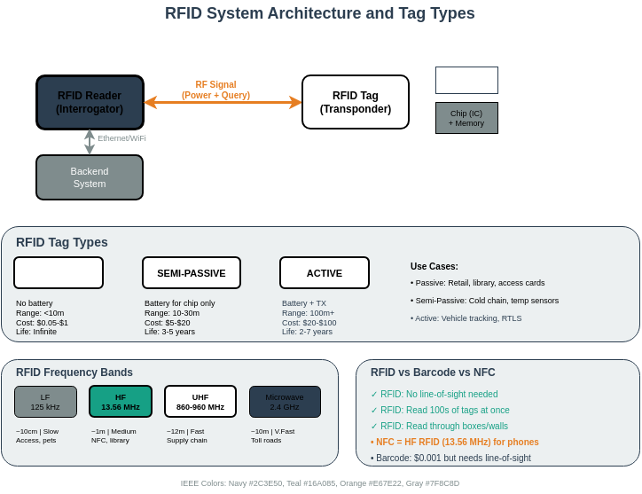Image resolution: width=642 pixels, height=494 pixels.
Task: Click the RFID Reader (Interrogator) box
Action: (x=90, y=102)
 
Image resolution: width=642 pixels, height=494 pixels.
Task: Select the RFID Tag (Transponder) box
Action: (x=356, y=102)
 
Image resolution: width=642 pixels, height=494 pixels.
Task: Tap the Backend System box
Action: (x=90, y=177)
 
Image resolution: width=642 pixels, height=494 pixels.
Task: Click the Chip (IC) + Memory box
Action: (x=466, y=118)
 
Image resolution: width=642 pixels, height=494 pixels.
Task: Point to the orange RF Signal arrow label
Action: (x=215, y=90)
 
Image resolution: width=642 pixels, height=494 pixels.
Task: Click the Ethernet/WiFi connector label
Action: (x=121, y=138)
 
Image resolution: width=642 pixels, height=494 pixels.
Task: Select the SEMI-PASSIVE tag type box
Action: (x=192, y=273)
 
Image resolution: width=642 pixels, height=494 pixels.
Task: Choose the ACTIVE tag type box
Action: (x=325, y=273)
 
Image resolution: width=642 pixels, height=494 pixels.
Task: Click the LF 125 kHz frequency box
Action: (x=45, y=402)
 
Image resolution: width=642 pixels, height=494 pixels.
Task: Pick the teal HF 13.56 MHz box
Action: (x=121, y=402)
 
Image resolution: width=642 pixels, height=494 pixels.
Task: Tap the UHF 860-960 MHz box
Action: (x=200, y=402)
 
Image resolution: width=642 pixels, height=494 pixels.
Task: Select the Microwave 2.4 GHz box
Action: (x=285, y=402)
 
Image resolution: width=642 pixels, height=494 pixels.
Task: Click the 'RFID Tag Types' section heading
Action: (x=62, y=242)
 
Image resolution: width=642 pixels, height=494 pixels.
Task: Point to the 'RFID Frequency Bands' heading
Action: (x=74, y=372)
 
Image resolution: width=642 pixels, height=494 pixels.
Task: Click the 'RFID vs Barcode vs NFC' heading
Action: (x=433, y=372)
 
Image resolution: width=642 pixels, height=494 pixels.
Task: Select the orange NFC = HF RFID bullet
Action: (x=455, y=442)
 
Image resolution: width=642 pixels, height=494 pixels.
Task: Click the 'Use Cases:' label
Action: (x=435, y=266)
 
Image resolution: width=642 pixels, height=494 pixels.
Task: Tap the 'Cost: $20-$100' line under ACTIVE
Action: (x=309, y=323)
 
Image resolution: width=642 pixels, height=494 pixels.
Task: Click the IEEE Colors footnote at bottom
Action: (x=320, y=483)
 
